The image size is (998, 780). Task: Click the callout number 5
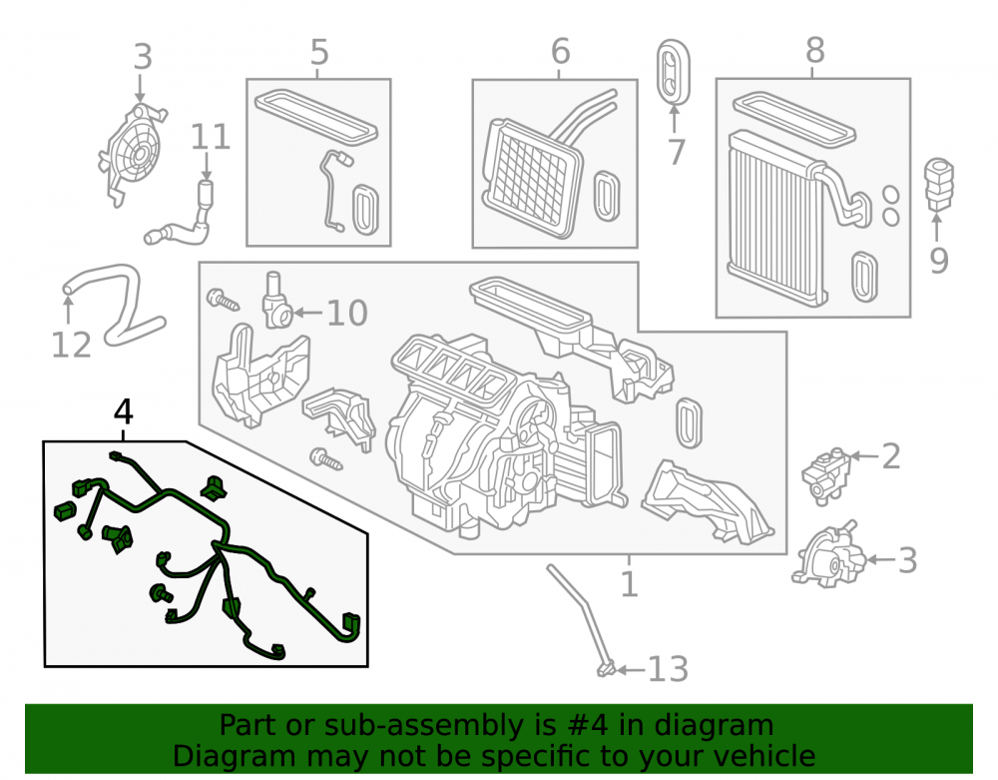point(319,52)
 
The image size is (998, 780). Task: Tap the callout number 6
point(560,51)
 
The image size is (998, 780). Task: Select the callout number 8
point(814,50)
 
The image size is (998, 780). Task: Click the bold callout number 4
point(123,411)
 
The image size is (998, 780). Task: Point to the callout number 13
point(669,669)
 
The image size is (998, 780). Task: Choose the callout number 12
point(71,346)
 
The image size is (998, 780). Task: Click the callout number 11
point(211,138)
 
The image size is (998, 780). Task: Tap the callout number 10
point(347,313)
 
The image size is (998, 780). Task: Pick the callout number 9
point(939,261)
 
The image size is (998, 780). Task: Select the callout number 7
point(676,153)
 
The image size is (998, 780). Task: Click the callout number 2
point(891,457)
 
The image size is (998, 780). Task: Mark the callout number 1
point(629,584)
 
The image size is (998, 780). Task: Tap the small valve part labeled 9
point(938,183)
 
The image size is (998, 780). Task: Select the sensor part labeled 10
point(276,301)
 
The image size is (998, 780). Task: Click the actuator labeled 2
point(826,475)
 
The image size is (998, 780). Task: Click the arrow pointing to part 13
point(632,669)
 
